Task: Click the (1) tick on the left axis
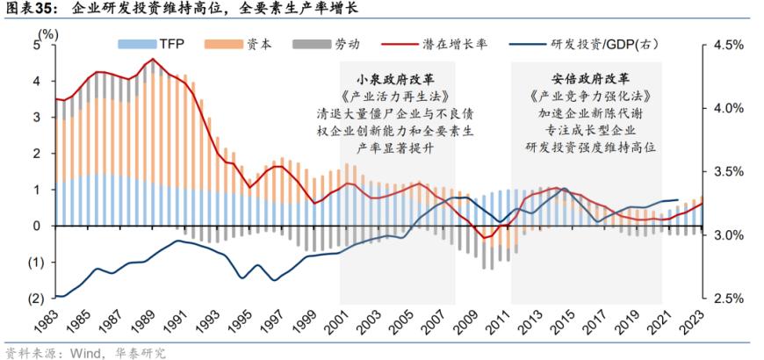coord(34,263)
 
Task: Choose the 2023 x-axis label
coord(700,324)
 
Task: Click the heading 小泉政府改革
coord(398,76)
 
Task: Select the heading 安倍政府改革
coord(587,76)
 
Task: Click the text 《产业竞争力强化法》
coord(587,95)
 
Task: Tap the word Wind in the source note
coord(82,352)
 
